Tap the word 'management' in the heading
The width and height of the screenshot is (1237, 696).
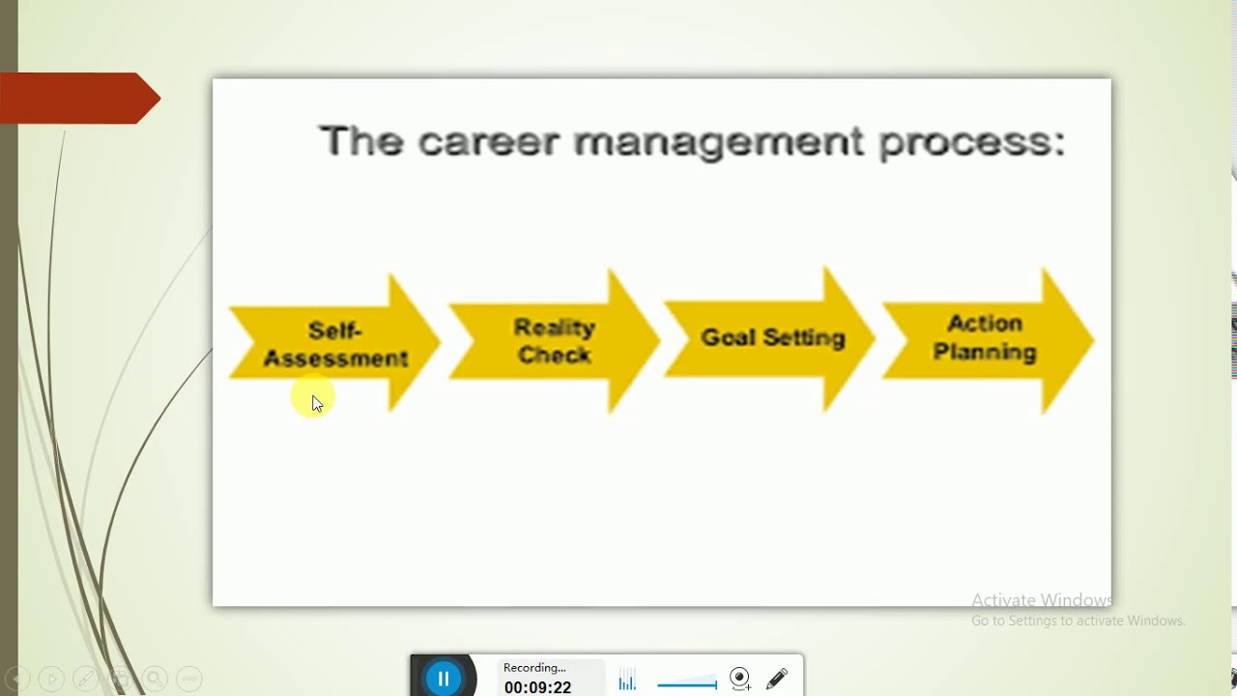(x=718, y=142)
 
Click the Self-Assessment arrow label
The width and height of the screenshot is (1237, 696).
(x=335, y=345)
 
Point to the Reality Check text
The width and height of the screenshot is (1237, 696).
(x=554, y=341)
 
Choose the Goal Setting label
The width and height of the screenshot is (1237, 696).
(x=772, y=338)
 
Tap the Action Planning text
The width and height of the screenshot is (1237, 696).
(x=984, y=337)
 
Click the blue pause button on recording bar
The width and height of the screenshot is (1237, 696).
(x=444, y=679)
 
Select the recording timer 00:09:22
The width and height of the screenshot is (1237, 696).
(x=537, y=687)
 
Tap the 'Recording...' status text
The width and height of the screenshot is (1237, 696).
(x=534, y=668)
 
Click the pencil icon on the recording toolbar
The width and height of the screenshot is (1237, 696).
(x=777, y=679)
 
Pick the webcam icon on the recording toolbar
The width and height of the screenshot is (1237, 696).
(x=740, y=679)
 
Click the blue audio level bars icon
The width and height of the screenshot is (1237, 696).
(x=627, y=682)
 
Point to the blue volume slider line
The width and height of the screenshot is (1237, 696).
(x=686, y=684)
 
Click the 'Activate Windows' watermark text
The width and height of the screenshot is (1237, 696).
(x=1041, y=600)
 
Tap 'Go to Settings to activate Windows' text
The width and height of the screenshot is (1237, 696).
(x=1078, y=622)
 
